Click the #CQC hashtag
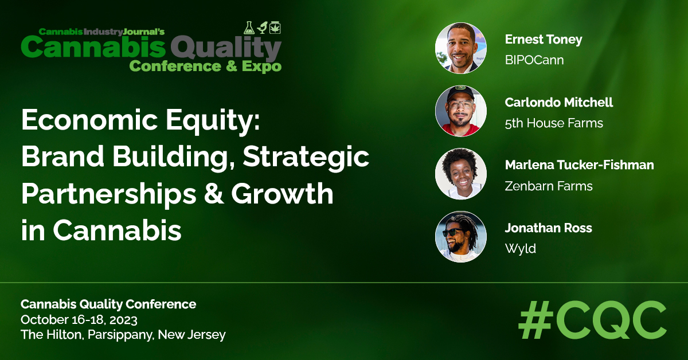(592, 320)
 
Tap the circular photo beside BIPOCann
(461, 48)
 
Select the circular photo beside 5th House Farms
(461, 111)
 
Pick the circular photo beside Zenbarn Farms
(461, 174)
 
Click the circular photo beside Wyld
(461, 237)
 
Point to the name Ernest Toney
(543, 40)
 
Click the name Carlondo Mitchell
(558, 103)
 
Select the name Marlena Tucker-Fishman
(579, 165)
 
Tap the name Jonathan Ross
(548, 228)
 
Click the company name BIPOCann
(534, 60)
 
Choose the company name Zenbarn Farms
(549, 186)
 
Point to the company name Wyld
(520, 249)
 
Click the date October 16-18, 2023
(79, 319)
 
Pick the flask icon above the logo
(249, 27)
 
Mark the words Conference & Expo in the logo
(205, 66)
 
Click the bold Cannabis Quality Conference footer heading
(108, 304)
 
